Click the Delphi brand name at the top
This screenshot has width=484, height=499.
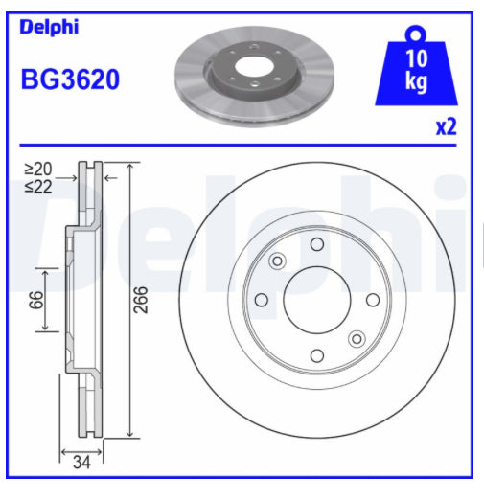click(49, 27)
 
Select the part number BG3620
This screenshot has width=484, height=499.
click(70, 79)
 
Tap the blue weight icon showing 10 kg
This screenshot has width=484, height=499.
click(415, 70)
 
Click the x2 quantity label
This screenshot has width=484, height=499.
click(445, 126)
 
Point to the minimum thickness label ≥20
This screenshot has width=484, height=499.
click(39, 169)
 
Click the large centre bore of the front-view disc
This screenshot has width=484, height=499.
click(316, 300)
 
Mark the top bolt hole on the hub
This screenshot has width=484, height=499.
click(316, 244)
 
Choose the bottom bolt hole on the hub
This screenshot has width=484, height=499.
click(316, 356)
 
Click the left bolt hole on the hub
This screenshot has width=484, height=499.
click(261, 300)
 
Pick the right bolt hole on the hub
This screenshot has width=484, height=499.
click(373, 300)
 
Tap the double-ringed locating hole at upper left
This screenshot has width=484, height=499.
click(278, 261)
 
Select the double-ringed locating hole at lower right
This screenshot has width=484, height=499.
click(357, 338)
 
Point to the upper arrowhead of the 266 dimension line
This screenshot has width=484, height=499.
click(128, 166)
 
